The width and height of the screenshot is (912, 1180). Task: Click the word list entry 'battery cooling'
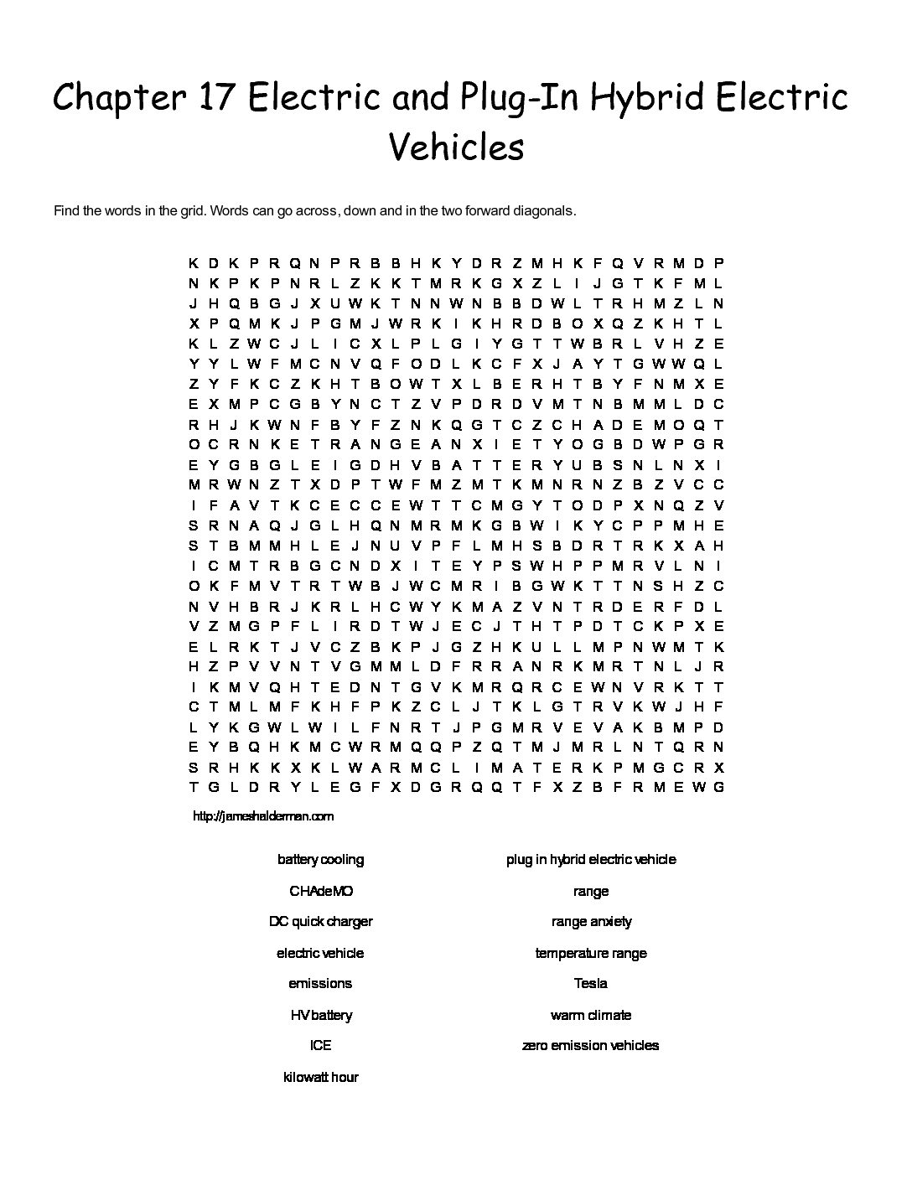(320, 860)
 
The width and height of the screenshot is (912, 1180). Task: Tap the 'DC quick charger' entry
(320, 922)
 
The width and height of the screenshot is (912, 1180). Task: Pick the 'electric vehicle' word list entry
(320, 953)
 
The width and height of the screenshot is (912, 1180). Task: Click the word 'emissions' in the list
(320, 984)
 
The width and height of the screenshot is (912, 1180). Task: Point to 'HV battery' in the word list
(320, 1015)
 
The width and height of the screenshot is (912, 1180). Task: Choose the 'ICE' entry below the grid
(320, 1046)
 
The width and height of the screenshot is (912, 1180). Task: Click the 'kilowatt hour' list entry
(320, 1077)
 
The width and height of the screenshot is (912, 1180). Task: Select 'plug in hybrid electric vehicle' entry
(591, 860)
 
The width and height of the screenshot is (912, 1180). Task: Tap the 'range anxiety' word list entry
(591, 922)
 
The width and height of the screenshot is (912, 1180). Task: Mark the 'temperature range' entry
(591, 953)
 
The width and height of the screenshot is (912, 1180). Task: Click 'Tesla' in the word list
(591, 984)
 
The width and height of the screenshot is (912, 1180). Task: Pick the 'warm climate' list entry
(591, 1015)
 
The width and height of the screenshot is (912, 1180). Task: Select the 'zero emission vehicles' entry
(591, 1046)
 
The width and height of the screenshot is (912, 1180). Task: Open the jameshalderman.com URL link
(263, 816)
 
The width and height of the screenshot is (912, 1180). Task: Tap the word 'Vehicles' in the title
(457, 147)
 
